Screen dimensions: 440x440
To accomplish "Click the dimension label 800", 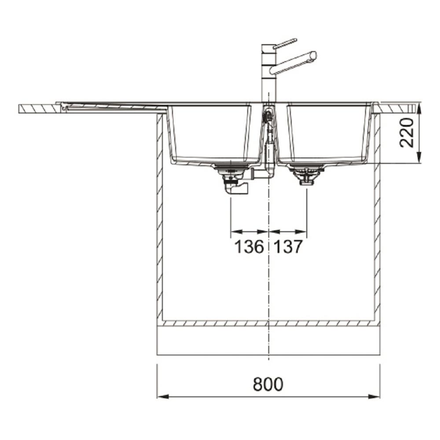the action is click(x=268, y=384).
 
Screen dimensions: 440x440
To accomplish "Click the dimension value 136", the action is click(x=249, y=247).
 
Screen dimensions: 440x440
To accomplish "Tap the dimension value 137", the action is click(x=288, y=247).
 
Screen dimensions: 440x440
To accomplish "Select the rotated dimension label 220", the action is click(x=407, y=132).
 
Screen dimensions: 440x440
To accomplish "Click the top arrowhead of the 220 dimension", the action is click(x=418, y=109).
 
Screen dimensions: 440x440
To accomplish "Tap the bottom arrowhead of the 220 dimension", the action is click(x=418, y=157).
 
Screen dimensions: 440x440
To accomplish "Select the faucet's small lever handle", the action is click(x=285, y=44).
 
